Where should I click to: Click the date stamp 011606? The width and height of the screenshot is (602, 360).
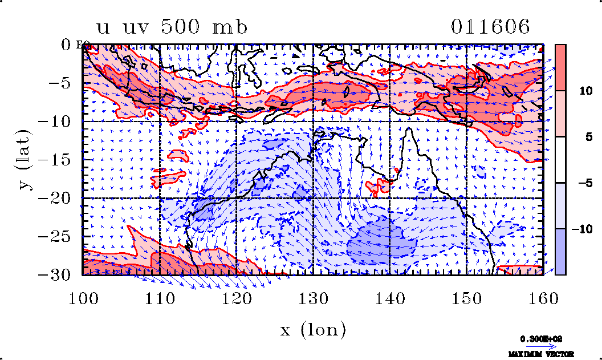(491, 27)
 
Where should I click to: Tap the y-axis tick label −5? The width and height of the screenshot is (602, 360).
(60, 83)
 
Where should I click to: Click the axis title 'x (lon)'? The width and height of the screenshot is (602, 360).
(312, 330)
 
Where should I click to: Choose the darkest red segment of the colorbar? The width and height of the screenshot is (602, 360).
(560, 67)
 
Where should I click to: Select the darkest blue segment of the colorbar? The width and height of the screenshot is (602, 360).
(560, 252)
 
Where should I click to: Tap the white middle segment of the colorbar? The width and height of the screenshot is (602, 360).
(560, 160)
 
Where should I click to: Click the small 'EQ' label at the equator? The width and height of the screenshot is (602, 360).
(81, 45)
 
